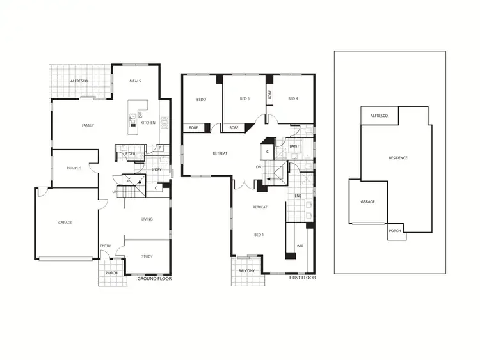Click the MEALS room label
pyautogui.click(x=135, y=81)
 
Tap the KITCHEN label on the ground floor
pyautogui.click(x=148, y=123)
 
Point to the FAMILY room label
pyautogui.click(x=88, y=125)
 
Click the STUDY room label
pyautogui.click(x=147, y=257)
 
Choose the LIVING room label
pyautogui.click(x=147, y=219)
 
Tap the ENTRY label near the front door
pyautogui.click(x=106, y=246)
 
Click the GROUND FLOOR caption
pyautogui.click(x=150, y=279)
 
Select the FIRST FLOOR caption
pyautogui.click(x=301, y=278)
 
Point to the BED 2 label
pyautogui.click(x=200, y=98)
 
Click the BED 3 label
pyautogui.click(x=244, y=98)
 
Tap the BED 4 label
pyautogui.click(x=293, y=98)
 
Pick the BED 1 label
pyautogui.click(x=259, y=235)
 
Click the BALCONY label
pyautogui.click(x=247, y=271)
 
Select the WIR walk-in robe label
pyautogui.click(x=299, y=246)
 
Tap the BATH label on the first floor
pyautogui.click(x=294, y=146)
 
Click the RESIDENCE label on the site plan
pyautogui.click(x=398, y=158)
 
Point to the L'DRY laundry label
pyautogui.click(x=157, y=169)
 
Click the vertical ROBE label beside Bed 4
pyautogui.click(x=269, y=93)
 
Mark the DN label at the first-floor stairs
pyautogui.click(x=259, y=167)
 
